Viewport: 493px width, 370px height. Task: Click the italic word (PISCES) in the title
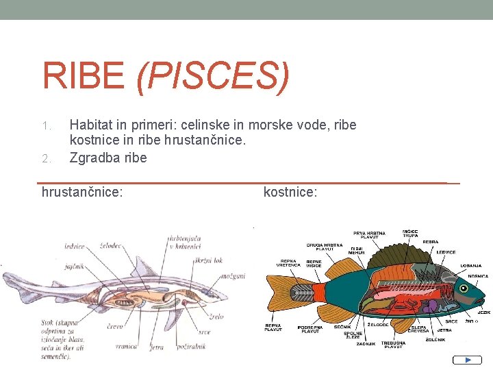(x=213, y=76)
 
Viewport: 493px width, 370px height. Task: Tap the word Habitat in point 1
(x=92, y=126)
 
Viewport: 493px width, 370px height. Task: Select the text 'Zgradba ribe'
(x=108, y=158)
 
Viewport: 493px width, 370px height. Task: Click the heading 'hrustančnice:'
(x=82, y=193)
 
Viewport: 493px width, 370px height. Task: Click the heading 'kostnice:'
(x=290, y=193)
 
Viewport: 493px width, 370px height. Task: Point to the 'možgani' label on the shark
(x=233, y=276)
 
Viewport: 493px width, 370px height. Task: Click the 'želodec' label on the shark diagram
(x=110, y=245)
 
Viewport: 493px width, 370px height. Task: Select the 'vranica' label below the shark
(x=126, y=347)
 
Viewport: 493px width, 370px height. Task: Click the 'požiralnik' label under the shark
(x=191, y=347)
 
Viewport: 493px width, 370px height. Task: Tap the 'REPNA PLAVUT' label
(x=273, y=327)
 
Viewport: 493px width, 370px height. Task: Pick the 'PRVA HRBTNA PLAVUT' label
(x=369, y=236)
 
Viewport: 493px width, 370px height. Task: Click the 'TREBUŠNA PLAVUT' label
(x=393, y=344)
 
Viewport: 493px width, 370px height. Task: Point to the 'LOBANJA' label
(x=470, y=265)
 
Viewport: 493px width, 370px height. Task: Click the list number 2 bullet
(x=46, y=158)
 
